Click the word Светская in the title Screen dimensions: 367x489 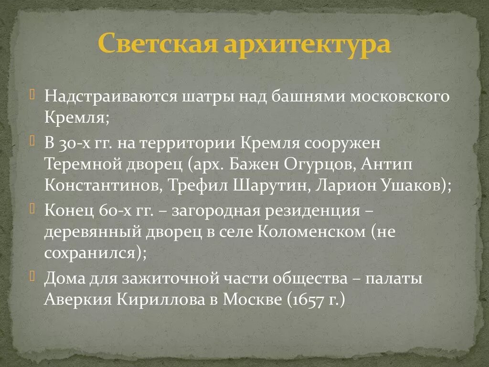point(151,44)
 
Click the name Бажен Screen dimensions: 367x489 point(255,164)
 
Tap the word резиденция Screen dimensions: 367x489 point(313,211)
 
